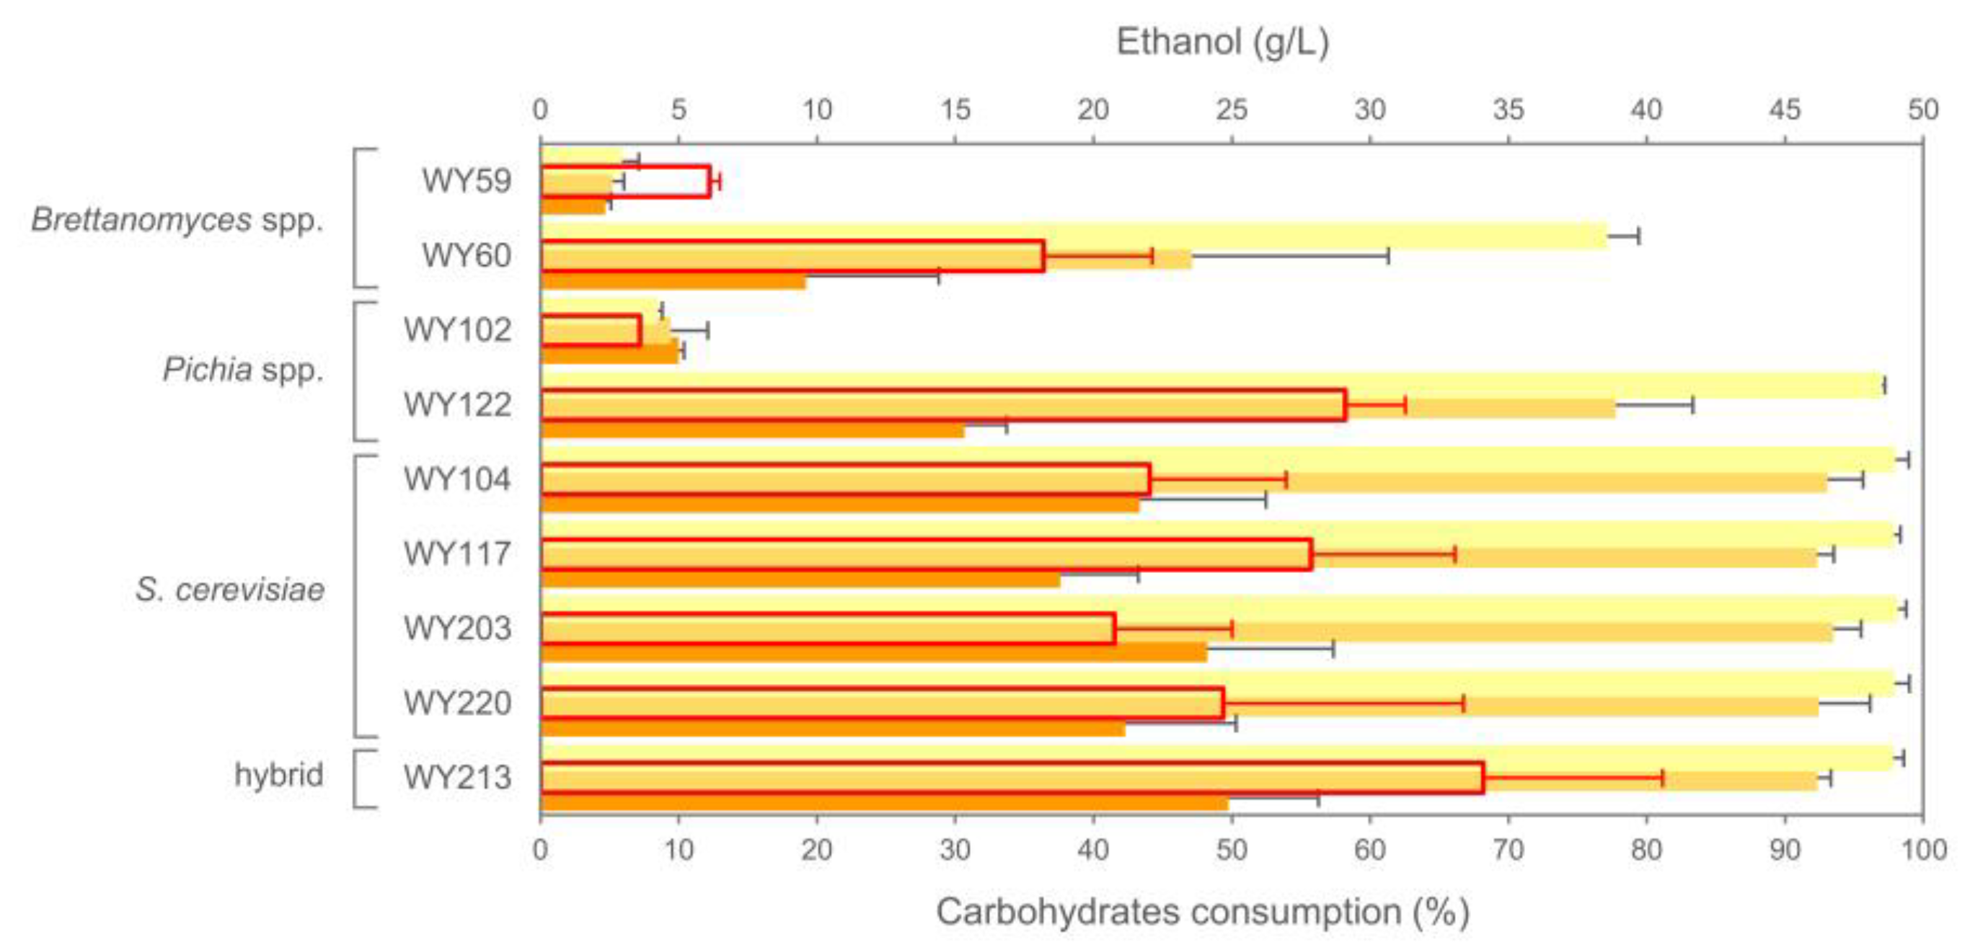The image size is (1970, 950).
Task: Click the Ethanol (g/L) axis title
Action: (1222, 42)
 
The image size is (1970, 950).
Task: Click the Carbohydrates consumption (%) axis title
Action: (1201, 912)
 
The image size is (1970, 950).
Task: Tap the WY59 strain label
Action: (466, 181)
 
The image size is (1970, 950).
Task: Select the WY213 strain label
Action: (456, 777)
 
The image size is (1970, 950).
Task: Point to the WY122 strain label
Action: (456, 404)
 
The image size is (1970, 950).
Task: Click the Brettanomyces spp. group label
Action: (177, 220)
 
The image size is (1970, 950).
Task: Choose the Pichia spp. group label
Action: (243, 370)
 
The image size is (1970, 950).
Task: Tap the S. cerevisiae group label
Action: (230, 590)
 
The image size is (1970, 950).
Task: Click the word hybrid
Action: (278, 775)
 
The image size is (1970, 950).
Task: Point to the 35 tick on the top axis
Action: (1508, 110)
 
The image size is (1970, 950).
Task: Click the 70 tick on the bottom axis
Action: (1508, 850)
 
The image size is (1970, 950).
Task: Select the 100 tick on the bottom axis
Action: (1923, 850)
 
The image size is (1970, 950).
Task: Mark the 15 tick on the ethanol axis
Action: (955, 110)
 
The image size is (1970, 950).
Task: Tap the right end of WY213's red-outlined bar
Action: (1483, 778)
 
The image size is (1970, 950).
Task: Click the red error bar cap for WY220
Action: (1464, 703)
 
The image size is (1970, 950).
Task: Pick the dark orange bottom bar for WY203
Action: (872, 652)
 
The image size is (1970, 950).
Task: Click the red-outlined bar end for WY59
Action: (710, 182)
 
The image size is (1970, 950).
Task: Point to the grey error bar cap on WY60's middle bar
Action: (1388, 257)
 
